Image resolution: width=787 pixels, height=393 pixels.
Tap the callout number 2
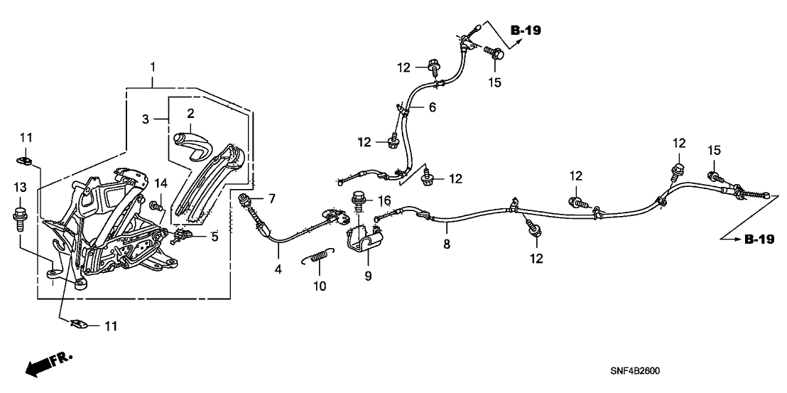(190, 114)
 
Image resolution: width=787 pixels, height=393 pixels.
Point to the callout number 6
(431, 107)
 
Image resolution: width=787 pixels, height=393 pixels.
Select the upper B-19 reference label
(525, 31)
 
